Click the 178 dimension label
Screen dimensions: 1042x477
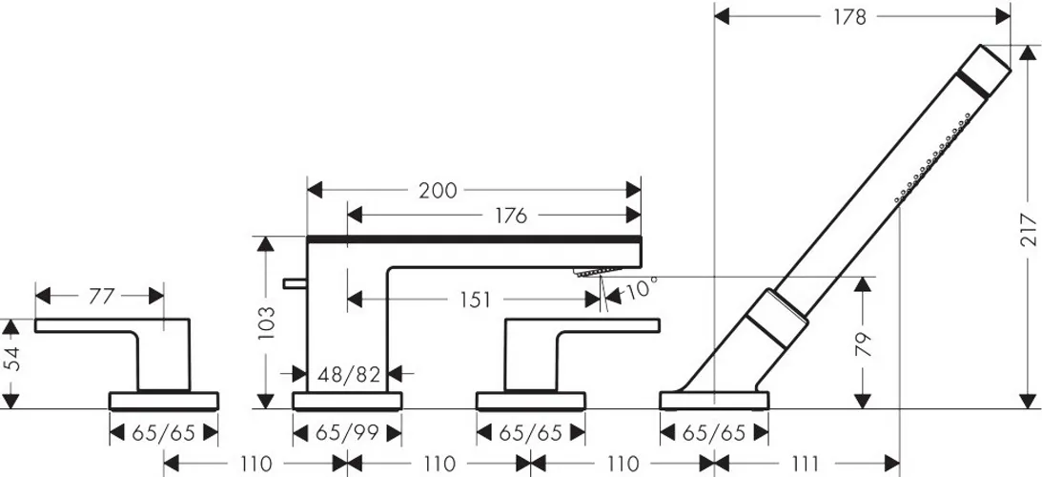coord(850,16)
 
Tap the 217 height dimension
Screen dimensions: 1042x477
coord(1027,230)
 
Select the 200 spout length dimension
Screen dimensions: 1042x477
coord(438,191)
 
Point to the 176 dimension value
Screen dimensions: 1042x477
coord(510,216)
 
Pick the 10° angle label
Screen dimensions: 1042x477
coord(640,289)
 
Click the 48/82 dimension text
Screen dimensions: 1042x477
coord(348,375)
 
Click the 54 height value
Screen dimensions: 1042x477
coord(10,363)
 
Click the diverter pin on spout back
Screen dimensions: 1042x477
coord(295,284)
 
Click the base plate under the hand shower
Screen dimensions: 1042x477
coord(714,401)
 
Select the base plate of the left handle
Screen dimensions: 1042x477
coord(163,401)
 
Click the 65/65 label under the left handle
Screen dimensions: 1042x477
coord(163,434)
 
